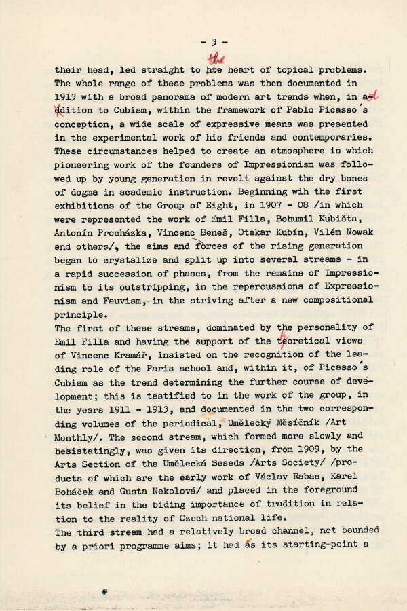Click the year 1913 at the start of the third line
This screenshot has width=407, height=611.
65,97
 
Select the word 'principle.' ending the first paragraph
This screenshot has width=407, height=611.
82,314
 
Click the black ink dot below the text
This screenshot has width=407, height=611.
104,592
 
